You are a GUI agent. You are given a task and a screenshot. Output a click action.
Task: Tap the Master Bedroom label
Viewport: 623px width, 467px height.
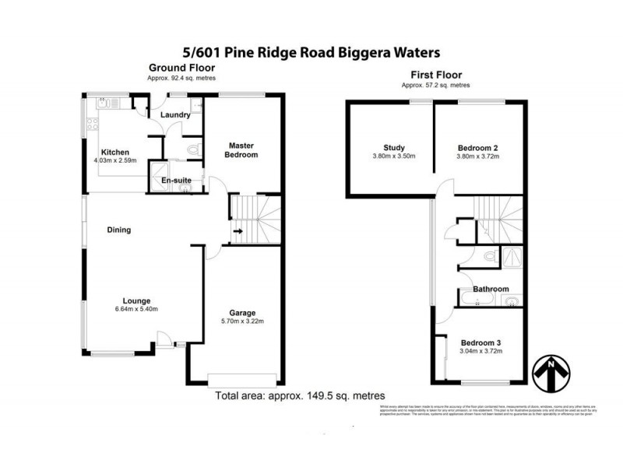[x=241, y=150]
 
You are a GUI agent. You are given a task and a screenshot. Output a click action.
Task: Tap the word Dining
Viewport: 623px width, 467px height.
[x=118, y=230]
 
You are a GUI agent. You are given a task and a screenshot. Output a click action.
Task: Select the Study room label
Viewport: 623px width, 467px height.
[x=394, y=148]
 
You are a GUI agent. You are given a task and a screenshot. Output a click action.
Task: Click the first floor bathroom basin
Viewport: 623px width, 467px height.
[x=510, y=302]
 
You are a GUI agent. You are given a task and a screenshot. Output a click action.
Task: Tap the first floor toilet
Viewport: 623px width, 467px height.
[x=488, y=255]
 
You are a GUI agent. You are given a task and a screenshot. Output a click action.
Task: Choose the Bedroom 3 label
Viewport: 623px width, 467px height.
[x=480, y=342]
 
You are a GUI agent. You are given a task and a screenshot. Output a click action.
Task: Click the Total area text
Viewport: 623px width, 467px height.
[x=300, y=395]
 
